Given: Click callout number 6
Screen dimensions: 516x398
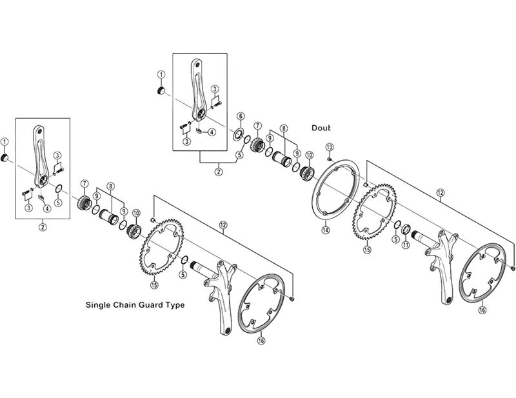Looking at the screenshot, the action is pos(241,116).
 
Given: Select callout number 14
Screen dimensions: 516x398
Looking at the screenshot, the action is pos(326,230).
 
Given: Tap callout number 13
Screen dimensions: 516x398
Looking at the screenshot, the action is pos(330,146).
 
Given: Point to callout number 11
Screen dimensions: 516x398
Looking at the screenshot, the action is pos(406,244).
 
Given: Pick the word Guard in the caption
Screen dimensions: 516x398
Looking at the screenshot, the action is pos(150,305).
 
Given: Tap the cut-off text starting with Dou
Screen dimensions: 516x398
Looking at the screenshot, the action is pos(321,128).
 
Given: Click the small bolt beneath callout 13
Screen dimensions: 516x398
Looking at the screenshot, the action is pos(329,159).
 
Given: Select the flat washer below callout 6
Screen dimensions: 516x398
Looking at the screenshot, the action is pos(237,135).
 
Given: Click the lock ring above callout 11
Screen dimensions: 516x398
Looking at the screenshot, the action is pos(406,228).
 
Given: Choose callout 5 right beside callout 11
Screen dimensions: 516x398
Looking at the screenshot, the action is pos(396,240).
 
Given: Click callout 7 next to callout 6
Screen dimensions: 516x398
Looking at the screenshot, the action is pos(257,126).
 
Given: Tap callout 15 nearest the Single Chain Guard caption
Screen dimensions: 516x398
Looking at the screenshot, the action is pos(154,285).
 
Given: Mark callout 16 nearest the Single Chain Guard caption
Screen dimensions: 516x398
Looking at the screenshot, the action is pos(261,341).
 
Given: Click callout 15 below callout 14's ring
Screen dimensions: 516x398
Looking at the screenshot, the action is pos(367,250).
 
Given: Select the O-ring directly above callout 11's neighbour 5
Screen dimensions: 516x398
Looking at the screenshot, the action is pos(397,225).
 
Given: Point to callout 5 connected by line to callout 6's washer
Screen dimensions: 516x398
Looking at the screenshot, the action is pos(239,154).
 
